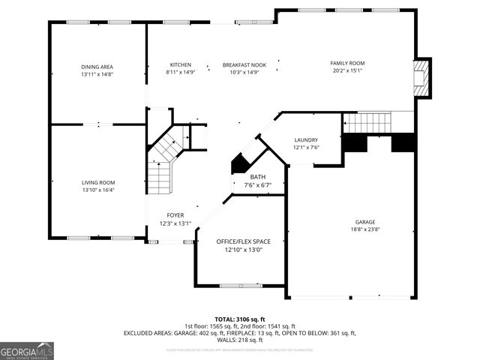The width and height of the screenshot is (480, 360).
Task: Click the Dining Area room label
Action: click(97, 67)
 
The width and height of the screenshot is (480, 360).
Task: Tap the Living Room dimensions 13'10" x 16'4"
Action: click(98, 190)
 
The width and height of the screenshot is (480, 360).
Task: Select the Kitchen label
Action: click(180, 64)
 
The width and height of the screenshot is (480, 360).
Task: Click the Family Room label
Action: click(347, 63)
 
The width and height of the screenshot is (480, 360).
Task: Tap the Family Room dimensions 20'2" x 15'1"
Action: click(347, 70)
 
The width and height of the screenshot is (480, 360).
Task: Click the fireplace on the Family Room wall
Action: click(424, 78)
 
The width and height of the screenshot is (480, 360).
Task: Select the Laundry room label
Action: click(306, 139)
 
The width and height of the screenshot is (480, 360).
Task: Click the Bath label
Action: click(257, 177)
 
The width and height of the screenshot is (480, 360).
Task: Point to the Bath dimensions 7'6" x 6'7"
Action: click(257, 184)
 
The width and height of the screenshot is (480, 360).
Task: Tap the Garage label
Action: click(366, 222)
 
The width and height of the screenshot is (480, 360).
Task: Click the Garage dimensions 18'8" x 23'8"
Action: click(366, 229)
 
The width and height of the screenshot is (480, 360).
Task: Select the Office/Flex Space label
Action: click(243, 241)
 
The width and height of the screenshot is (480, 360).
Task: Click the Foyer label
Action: click(175, 215)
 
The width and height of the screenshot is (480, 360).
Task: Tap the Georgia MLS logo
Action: click(27, 350)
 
